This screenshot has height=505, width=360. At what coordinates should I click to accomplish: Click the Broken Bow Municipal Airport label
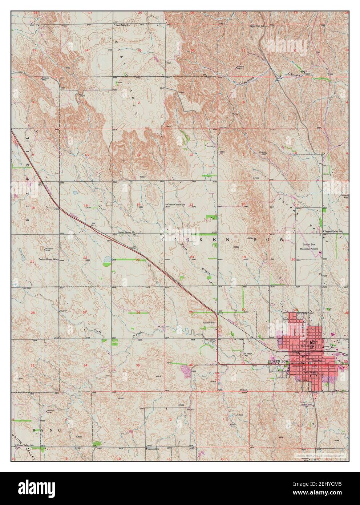(309, 247)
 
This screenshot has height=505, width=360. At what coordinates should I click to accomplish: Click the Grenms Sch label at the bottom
(154, 449)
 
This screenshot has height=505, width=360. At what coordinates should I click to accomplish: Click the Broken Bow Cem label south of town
(308, 405)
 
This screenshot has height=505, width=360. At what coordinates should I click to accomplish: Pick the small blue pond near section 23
(108, 259)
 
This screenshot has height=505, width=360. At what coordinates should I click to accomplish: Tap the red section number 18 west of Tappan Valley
(244, 204)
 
